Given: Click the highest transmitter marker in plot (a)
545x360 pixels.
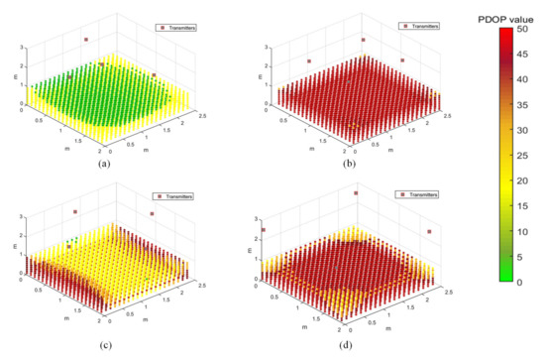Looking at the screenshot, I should point(86,40).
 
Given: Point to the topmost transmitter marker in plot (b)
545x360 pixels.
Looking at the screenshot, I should point(363,40).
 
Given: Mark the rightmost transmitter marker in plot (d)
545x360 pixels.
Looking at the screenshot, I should point(430,232).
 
